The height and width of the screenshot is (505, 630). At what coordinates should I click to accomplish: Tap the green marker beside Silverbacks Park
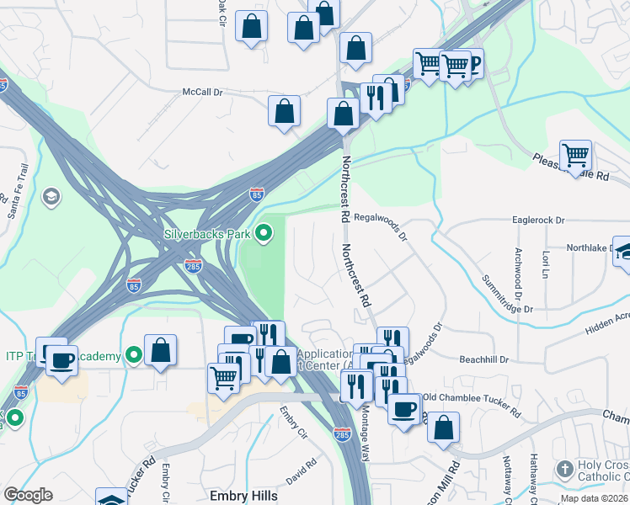click(264, 231)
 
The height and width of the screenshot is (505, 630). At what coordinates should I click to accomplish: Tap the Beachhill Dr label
click(484, 359)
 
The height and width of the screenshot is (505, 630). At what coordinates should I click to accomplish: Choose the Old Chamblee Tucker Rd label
click(471, 403)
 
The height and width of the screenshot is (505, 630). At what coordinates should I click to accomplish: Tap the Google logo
click(28, 495)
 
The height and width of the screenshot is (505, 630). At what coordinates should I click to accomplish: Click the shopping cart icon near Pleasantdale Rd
click(575, 154)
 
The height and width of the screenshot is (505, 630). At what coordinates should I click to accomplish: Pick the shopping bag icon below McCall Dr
click(285, 110)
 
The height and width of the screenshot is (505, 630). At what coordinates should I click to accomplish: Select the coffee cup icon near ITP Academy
click(61, 359)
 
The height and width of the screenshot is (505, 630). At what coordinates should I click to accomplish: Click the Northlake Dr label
click(588, 248)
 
